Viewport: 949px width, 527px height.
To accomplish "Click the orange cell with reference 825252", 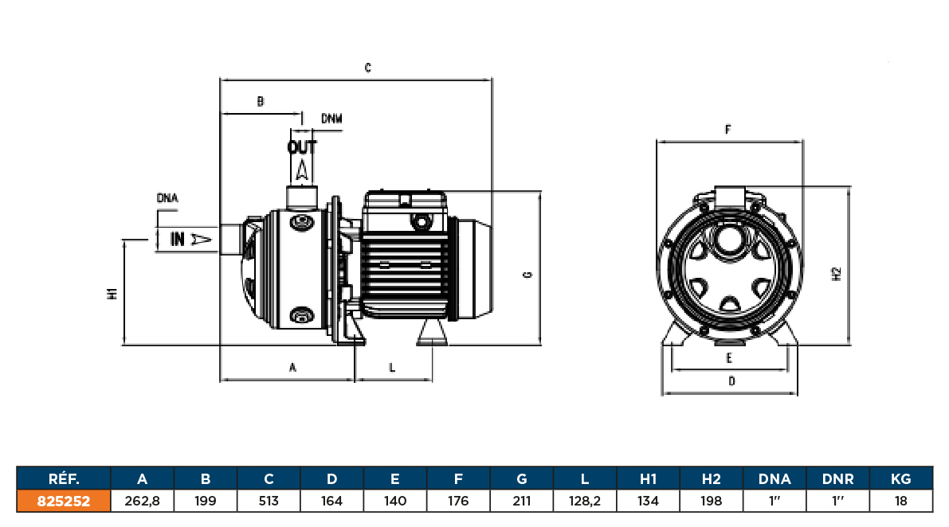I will click(63, 501).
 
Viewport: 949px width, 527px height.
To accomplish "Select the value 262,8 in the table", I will click(143, 501).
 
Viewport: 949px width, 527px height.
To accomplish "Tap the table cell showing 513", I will click(269, 501).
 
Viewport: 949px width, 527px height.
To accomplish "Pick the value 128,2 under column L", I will click(585, 501).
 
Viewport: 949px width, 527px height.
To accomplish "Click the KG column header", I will click(901, 478).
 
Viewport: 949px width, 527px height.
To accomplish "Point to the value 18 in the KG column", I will click(901, 501).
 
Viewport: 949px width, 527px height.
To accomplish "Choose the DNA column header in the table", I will click(774, 478).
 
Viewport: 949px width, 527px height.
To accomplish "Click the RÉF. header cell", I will click(63, 478).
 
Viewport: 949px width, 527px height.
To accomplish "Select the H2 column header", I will click(712, 478).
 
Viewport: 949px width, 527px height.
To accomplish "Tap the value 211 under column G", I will click(522, 501).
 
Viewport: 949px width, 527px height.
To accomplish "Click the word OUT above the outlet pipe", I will click(302, 147).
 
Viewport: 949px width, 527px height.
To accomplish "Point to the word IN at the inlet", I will click(178, 238).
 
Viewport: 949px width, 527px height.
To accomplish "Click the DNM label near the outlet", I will click(331, 119).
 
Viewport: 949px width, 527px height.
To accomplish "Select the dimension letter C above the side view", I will click(368, 68).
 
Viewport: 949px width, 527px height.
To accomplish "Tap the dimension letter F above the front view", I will click(728, 129).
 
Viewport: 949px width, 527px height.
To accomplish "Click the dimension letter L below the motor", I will click(392, 367).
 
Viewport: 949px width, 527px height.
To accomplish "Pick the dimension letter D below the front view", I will click(731, 381).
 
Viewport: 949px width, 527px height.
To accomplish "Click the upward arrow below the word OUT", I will click(302, 169).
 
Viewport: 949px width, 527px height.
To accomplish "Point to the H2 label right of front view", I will click(836, 274).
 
